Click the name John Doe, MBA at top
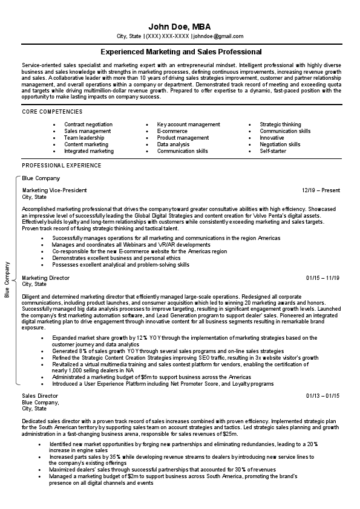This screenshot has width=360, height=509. (x=180, y=27)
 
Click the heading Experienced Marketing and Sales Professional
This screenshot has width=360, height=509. (x=180, y=52)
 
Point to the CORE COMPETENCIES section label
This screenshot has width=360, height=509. (x=53, y=112)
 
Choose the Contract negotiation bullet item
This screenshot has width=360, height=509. (x=88, y=125)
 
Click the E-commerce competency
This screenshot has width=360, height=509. (x=172, y=131)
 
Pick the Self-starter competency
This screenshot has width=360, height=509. (x=273, y=151)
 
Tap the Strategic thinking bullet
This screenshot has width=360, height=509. (x=280, y=125)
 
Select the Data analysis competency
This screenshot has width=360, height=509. (x=173, y=144)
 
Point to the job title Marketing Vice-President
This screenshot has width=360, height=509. (x=54, y=190)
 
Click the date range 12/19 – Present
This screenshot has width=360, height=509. (x=321, y=190)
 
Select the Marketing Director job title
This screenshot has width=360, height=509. (x=46, y=277)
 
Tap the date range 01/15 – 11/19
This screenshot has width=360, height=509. (x=323, y=277)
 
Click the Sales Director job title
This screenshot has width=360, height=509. (x=41, y=395)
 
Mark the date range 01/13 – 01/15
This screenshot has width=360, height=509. (x=323, y=395)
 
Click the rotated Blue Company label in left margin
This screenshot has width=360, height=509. (x=7, y=280)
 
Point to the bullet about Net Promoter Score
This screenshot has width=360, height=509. (x=163, y=384)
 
